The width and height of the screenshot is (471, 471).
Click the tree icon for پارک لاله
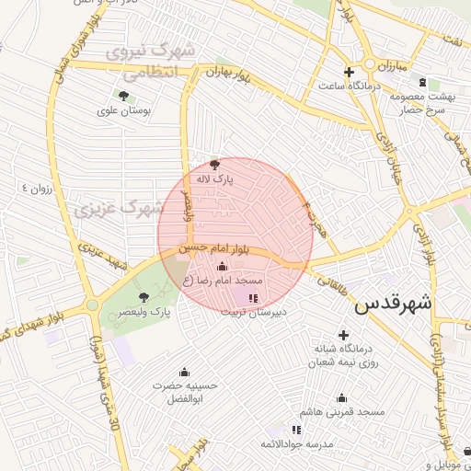click(x=215, y=165)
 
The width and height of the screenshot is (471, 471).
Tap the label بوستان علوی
click(x=122, y=111)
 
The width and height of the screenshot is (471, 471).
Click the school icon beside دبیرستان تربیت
click(x=253, y=297)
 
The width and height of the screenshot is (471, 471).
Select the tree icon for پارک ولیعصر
click(x=144, y=296)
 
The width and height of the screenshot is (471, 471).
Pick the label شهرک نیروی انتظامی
click(x=153, y=62)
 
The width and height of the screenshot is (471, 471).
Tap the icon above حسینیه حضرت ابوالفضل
click(x=184, y=372)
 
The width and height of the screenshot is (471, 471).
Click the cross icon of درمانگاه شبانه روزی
click(x=343, y=336)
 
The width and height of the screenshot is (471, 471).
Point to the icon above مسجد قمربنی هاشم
click(x=341, y=398)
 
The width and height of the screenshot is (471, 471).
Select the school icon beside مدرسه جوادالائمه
click(x=295, y=430)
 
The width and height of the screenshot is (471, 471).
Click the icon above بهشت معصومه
click(x=422, y=83)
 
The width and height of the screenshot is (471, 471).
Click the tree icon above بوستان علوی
click(x=123, y=96)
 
